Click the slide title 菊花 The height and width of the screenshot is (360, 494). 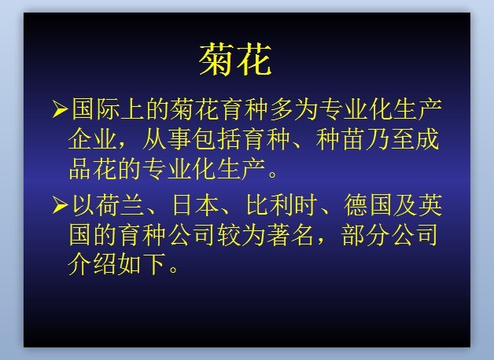(235, 59)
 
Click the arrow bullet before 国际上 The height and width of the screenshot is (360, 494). (60, 109)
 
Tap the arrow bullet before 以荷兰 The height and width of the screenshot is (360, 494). (60, 205)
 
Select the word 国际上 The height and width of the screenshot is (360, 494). (108, 109)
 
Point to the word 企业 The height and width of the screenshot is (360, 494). (92, 139)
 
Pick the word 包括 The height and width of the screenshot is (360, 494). (216, 139)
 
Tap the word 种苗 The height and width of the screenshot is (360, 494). (340, 139)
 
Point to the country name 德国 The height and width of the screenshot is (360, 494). (368, 205)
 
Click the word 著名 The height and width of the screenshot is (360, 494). (290, 235)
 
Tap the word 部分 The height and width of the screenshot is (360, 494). (365, 235)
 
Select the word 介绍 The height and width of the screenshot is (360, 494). (92, 264)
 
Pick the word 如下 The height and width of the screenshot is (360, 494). (142, 264)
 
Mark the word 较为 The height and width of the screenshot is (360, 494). (241, 235)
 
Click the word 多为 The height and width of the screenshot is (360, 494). (293, 109)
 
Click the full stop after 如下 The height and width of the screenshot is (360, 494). (173, 270)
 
